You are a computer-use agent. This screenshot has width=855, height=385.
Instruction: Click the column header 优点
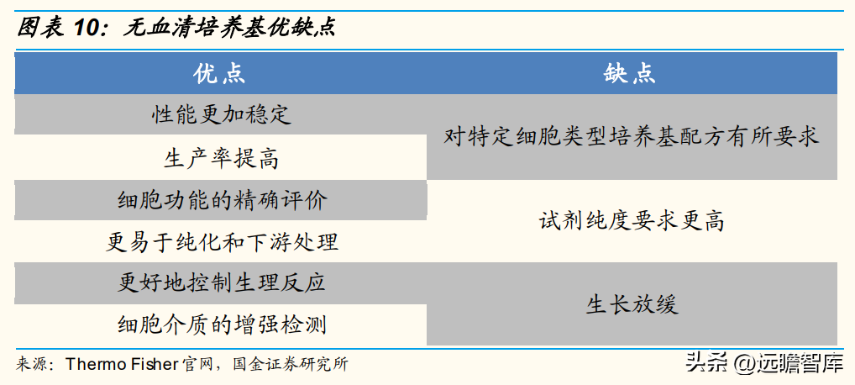click(x=220, y=74)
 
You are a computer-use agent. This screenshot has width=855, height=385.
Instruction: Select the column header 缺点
click(x=631, y=74)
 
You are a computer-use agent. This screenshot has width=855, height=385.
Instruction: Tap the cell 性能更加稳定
click(x=220, y=114)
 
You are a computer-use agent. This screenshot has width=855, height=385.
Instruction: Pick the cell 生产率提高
click(x=220, y=158)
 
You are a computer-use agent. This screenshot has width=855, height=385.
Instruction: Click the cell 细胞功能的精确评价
click(x=220, y=200)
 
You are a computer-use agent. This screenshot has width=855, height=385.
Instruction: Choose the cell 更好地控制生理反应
click(x=220, y=283)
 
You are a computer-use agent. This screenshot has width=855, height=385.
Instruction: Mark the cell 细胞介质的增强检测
click(x=220, y=325)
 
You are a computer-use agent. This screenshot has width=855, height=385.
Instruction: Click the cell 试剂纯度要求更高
click(x=632, y=221)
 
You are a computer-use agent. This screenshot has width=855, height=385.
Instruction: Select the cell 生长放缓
click(x=632, y=304)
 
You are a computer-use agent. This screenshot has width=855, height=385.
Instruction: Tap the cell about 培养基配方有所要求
click(x=632, y=136)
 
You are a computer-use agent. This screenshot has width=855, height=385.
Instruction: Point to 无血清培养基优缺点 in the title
click(x=228, y=27)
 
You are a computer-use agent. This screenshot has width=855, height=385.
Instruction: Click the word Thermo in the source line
click(x=88, y=364)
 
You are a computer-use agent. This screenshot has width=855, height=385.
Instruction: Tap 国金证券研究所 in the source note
click(x=290, y=364)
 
